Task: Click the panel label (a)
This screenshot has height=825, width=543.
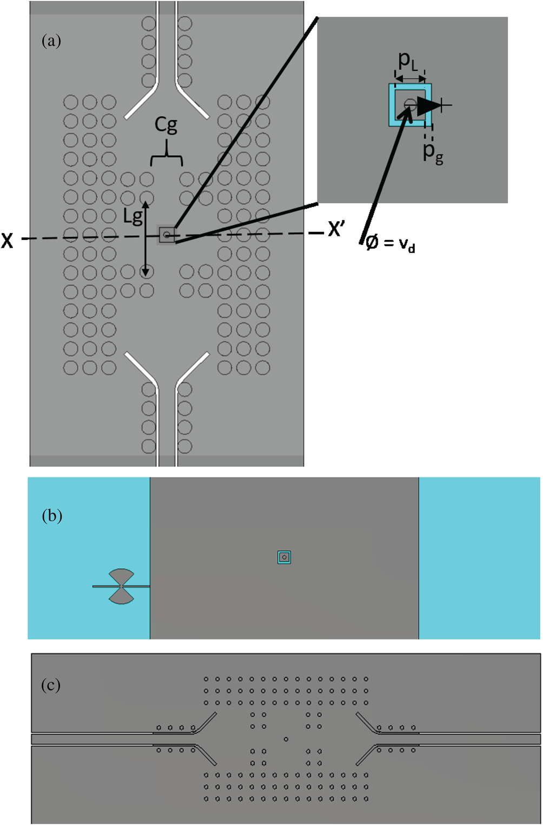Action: click(x=51, y=41)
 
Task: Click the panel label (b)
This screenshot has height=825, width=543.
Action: click(x=52, y=516)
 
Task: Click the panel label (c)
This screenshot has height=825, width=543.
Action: click(x=51, y=686)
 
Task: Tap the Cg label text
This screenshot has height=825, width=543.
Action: click(x=166, y=125)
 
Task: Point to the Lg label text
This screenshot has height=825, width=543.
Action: click(x=133, y=217)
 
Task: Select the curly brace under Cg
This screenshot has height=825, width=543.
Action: click(x=167, y=156)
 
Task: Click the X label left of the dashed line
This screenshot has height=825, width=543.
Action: click(x=8, y=240)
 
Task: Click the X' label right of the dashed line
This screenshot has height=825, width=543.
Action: click(x=336, y=230)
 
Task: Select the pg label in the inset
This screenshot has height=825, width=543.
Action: click(x=433, y=153)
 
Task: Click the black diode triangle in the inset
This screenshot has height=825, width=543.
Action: click(x=429, y=105)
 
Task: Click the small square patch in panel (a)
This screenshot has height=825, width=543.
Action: click(x=167, y=235)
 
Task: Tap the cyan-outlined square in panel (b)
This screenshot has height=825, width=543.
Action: click(x=284, y=557)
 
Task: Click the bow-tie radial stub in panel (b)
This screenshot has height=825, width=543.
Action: click(x=122, y=586)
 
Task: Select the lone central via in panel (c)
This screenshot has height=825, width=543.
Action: click(x=286, y=739)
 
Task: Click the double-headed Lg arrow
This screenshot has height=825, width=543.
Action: click(x=145, y=238)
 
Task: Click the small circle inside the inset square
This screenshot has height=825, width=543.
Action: click(x=410, y=104)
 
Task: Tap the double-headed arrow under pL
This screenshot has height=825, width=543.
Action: click(x=410, y=79)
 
